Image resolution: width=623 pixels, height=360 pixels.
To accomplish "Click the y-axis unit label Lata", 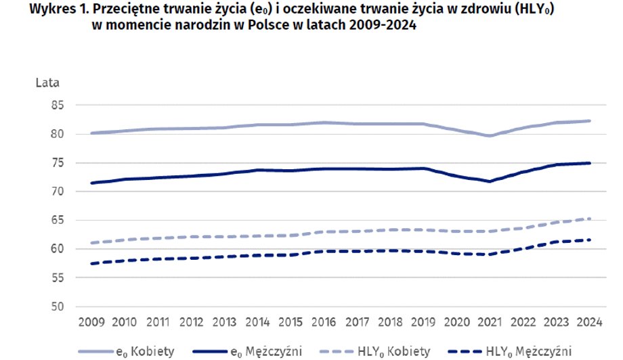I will click(48, 83).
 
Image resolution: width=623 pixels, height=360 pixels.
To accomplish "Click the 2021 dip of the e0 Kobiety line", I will click(489, 136).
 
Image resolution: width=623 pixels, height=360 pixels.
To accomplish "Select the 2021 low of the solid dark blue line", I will click(489, 181).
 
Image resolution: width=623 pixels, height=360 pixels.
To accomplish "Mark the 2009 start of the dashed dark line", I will click(90, 263).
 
